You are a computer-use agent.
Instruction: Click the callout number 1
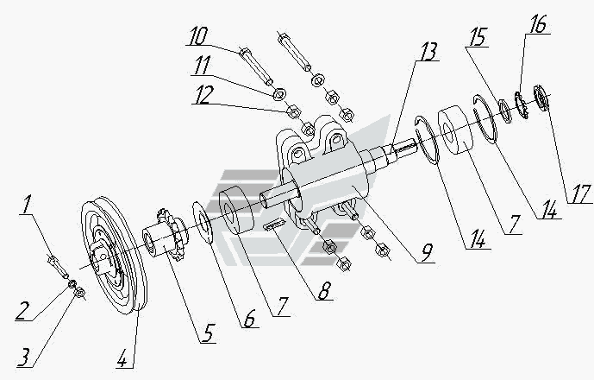click(25, 205)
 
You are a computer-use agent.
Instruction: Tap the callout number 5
click(208, 333)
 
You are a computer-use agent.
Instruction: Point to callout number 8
click(324, 290)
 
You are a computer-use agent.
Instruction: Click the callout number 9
click(427, 253)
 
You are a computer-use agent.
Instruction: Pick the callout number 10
click(198, 36)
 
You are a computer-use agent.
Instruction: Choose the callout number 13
click(428, 52)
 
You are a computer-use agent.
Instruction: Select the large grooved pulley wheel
click(114, 256)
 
